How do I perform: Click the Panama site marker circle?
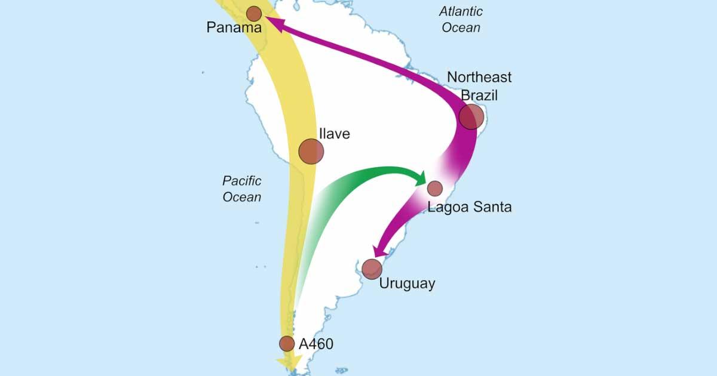[254, 14]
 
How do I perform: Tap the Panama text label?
[234, 28]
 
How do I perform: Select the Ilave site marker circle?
[311, 152]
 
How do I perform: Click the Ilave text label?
[334, 134]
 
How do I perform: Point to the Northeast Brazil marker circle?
[471, 116]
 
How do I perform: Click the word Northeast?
[479, 78]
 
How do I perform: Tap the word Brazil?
[479, 95]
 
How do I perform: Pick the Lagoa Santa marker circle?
[435, 188]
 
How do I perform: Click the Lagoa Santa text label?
[470, 207]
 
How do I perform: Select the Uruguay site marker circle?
[372, 269]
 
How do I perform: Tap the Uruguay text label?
[407, 283]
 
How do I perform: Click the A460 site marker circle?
[287, 343]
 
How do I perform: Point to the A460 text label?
[315, 344]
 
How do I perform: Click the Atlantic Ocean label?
[461, 19]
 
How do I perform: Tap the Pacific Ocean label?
[242, 189]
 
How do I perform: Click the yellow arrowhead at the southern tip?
[287, 363]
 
